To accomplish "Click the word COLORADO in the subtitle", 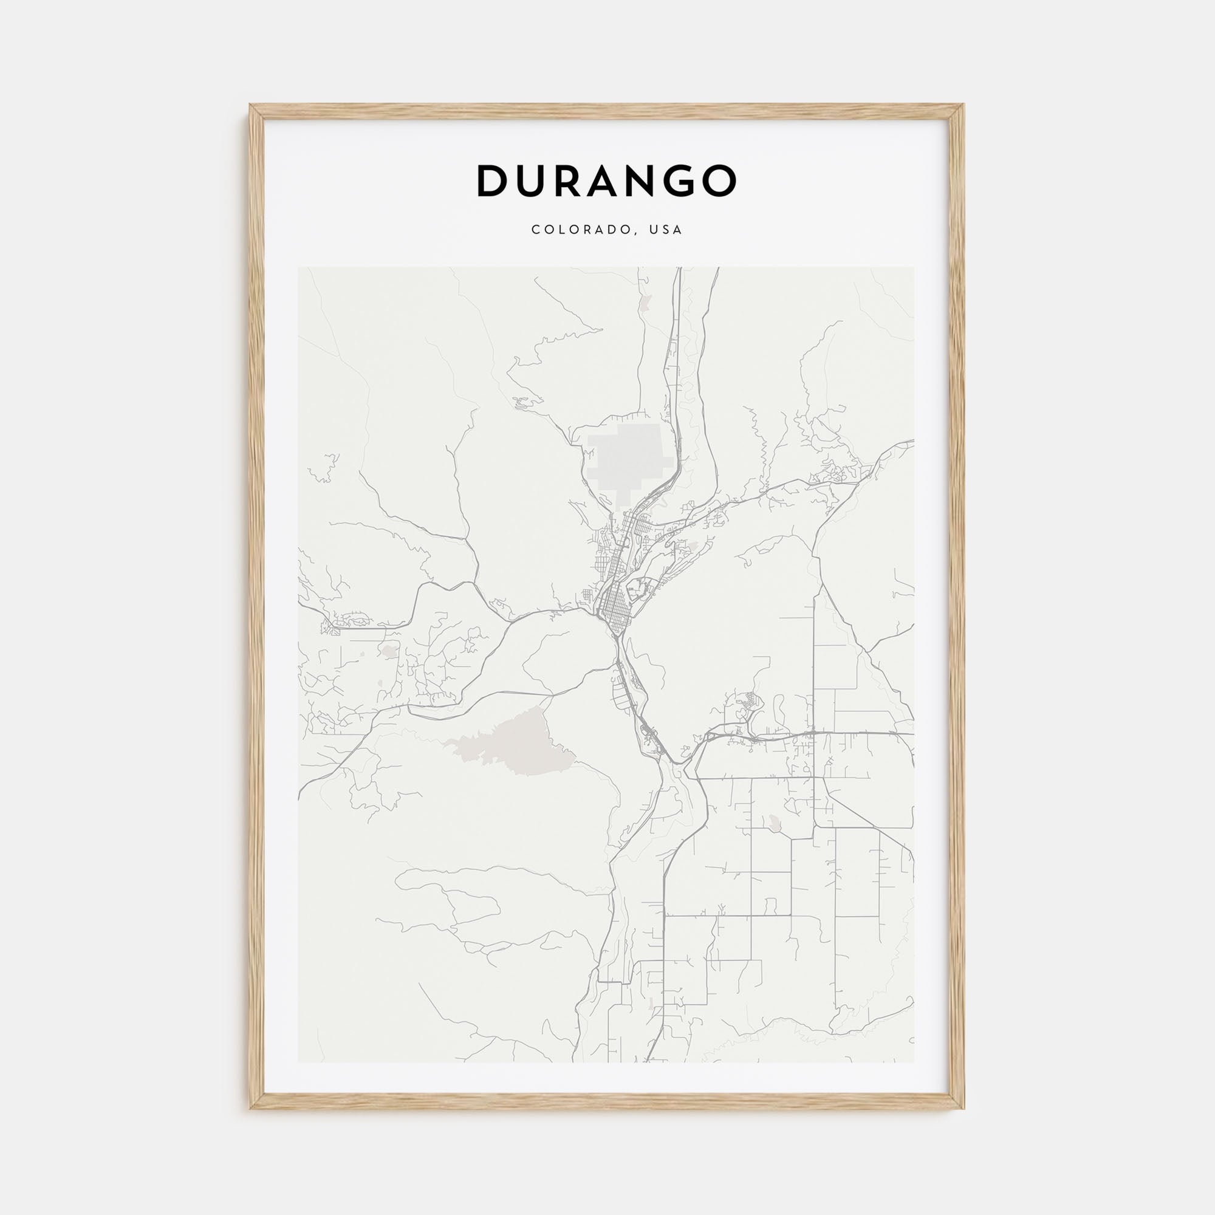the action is tap(578, 230).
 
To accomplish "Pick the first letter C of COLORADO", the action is tap(535, 230).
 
